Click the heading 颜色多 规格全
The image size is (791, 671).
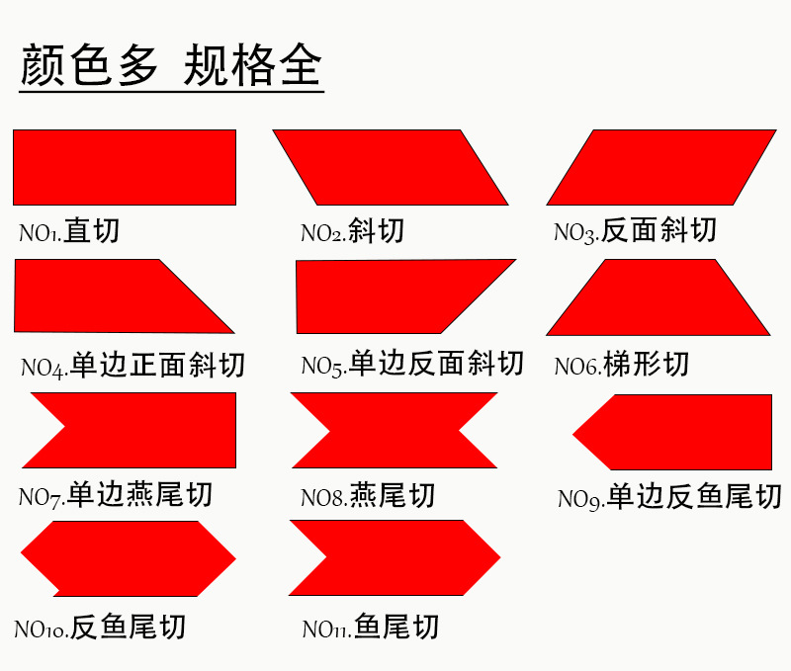click(x=171, y=66)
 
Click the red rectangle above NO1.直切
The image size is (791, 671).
click(x=125, y=167)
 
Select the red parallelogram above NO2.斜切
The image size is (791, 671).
click(x=390, y=167)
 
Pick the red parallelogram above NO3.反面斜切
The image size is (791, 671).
click(x=660, y=167)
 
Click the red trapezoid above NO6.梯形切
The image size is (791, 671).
click(x=659, y=297)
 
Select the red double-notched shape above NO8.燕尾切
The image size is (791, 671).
click(x=395, y=430)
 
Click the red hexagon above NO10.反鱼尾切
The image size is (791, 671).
click(x=129, y=558)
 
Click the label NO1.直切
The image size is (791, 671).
click(x=69, y=232)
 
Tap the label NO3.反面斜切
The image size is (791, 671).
click(x=635, y=231)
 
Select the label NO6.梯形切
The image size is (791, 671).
click(x=621, y=366)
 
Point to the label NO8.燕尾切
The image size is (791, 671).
click(x=368, y=495)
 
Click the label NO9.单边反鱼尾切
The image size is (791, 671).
click(x=669, y=497)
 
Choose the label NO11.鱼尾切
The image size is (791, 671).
click(x=371, y=628)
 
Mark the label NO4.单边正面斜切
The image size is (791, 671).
click(x=132, y=367)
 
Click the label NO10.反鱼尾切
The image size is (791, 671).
click(x=100, y=628)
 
